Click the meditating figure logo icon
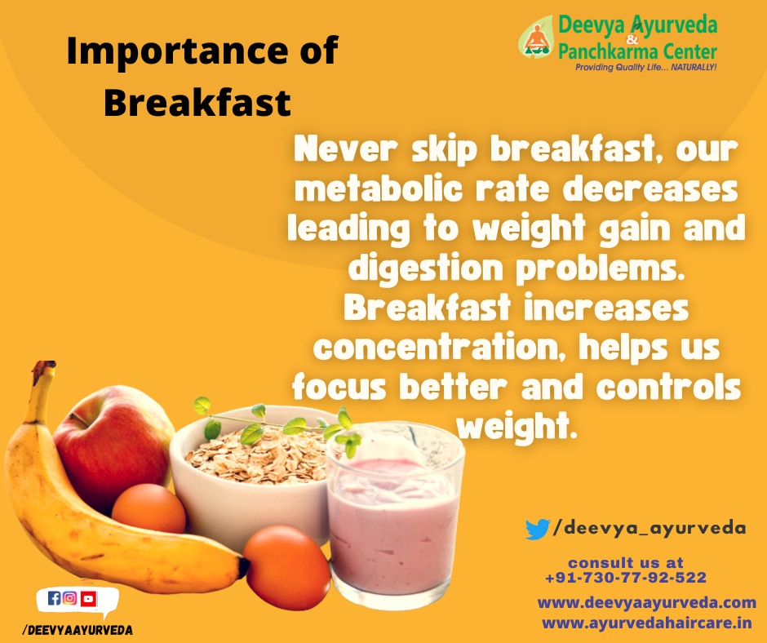[537, 38]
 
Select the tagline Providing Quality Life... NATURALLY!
[645, 67]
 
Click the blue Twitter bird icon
[537, 529]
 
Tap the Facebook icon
[55, 598]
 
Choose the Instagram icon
[70, 598]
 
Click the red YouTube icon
[89, 598]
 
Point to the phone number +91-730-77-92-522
[626, 578]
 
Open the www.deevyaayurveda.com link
[647, 603]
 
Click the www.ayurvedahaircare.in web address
[647, 623]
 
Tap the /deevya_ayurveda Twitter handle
[650, 529]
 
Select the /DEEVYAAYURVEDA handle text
[78, 630]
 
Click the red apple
[113, 443]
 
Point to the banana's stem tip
[46, 365]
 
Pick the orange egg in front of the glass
[287, 568]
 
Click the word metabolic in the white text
[379, 190]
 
